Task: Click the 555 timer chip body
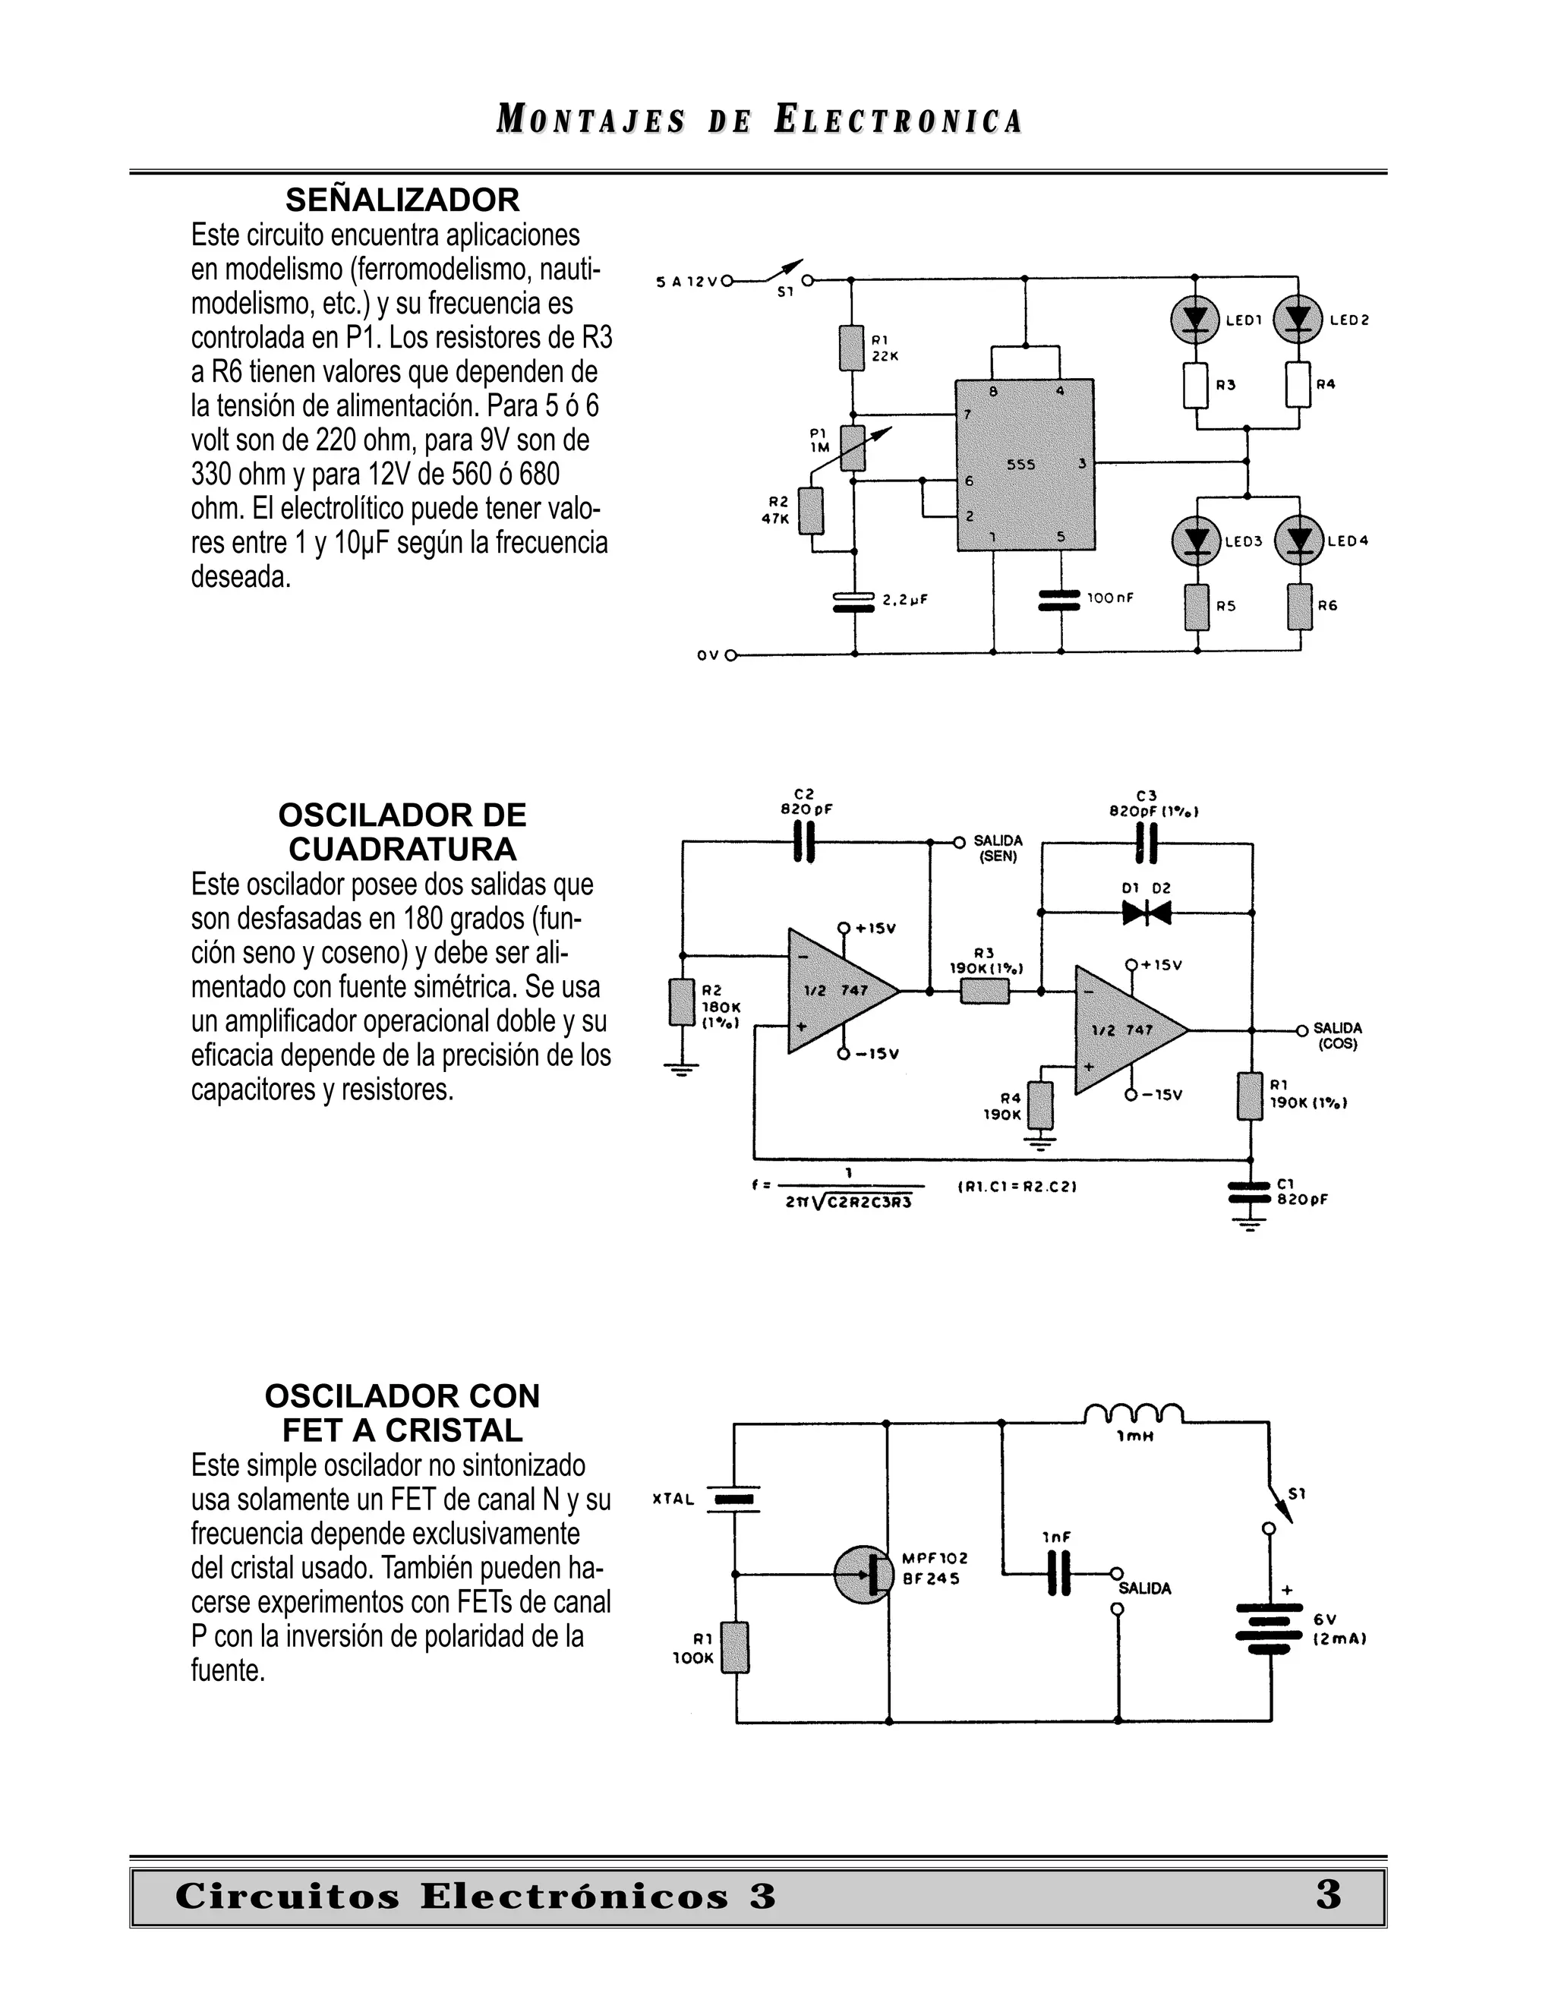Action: [1024, 465]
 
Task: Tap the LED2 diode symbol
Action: [1298, 320]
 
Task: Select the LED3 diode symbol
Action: [1196, 541]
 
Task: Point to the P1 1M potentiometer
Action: [854, 448]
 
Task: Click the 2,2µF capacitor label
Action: [904, 600]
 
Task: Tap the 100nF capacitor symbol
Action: [1059, 600]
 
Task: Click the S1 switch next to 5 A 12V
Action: [784, 273]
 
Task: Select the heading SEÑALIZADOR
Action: [402, 200]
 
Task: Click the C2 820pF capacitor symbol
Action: [803, 842]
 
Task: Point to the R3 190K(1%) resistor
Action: [985, 992]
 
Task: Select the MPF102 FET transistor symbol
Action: [863, 1575]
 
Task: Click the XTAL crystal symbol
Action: [734, 1499]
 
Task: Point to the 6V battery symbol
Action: [1270, 1628]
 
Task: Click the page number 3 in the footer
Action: [1327, 1895]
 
